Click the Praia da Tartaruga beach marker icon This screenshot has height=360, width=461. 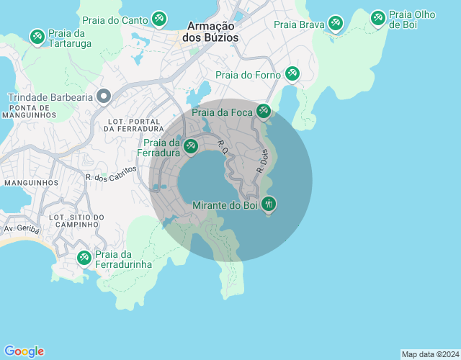pos(37,35)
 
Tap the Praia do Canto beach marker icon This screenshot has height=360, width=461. pos(159,19)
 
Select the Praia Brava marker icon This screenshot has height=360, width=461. pos(335,24)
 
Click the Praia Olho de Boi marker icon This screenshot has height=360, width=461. pos(377,18)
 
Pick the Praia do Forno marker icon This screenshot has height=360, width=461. pos(292,73)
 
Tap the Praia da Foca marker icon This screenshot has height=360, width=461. pos(264,111)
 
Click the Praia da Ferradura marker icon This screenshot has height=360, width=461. pos(190,146)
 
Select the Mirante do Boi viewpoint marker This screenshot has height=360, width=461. pos(268,204)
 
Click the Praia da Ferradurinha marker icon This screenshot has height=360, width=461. pos(84,257)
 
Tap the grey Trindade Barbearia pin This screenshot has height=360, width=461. pos(104,96)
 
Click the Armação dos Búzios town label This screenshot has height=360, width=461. pos(210,31)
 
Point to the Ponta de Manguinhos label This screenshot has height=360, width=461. pos(28,111)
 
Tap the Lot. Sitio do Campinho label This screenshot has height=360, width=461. pos(77,220)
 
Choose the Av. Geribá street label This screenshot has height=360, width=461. pos(19,229)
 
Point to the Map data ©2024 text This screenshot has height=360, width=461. pos(429,354)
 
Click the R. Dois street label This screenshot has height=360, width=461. pos(262,161)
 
